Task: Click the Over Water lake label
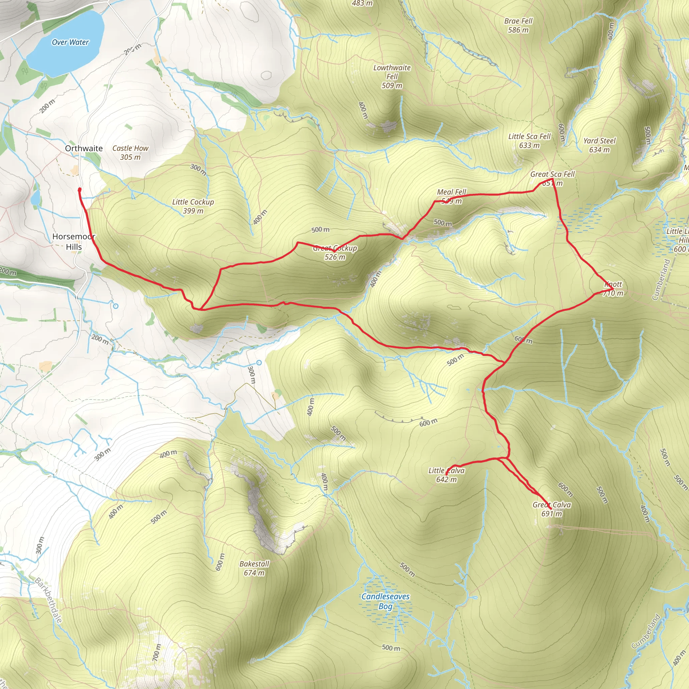tap(70, 42)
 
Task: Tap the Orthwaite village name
tap(84, 148)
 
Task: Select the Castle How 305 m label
tap(130, 153)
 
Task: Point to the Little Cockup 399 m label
tap(193, 206)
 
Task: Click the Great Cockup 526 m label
tap(335, 253)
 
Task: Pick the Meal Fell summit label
tap(451, 196)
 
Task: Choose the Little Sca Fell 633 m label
tap(529, 141)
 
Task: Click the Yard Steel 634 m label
tap(600, 145)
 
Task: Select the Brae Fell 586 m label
tap(518, 25)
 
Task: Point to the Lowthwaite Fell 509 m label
tap(392, 76)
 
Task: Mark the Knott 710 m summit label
tap(613, 289)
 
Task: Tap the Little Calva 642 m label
tap(446, 475)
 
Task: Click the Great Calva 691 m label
tap(552, 509)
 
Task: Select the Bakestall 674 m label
tap(254, 569)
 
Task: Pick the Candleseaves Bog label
tap(386, 601)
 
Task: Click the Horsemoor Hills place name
tap(74, 242)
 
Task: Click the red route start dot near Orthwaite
tap(79, 190)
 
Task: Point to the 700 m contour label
tap(157, 652)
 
